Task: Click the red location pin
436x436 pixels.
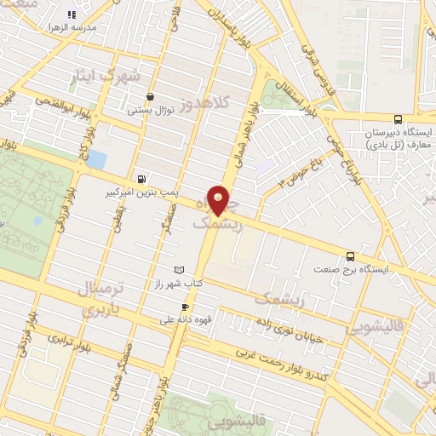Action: click(x=220, y=200)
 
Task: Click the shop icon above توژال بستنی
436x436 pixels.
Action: click(x=151, y=96)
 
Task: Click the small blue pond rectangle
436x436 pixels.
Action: click(x=98, y=159)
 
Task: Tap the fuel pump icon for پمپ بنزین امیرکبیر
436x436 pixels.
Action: click(x=141, y=179)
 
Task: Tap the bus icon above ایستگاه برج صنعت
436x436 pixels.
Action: click(x=350, y=255)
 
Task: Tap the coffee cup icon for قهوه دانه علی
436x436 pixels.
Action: click(x=185, y=307)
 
